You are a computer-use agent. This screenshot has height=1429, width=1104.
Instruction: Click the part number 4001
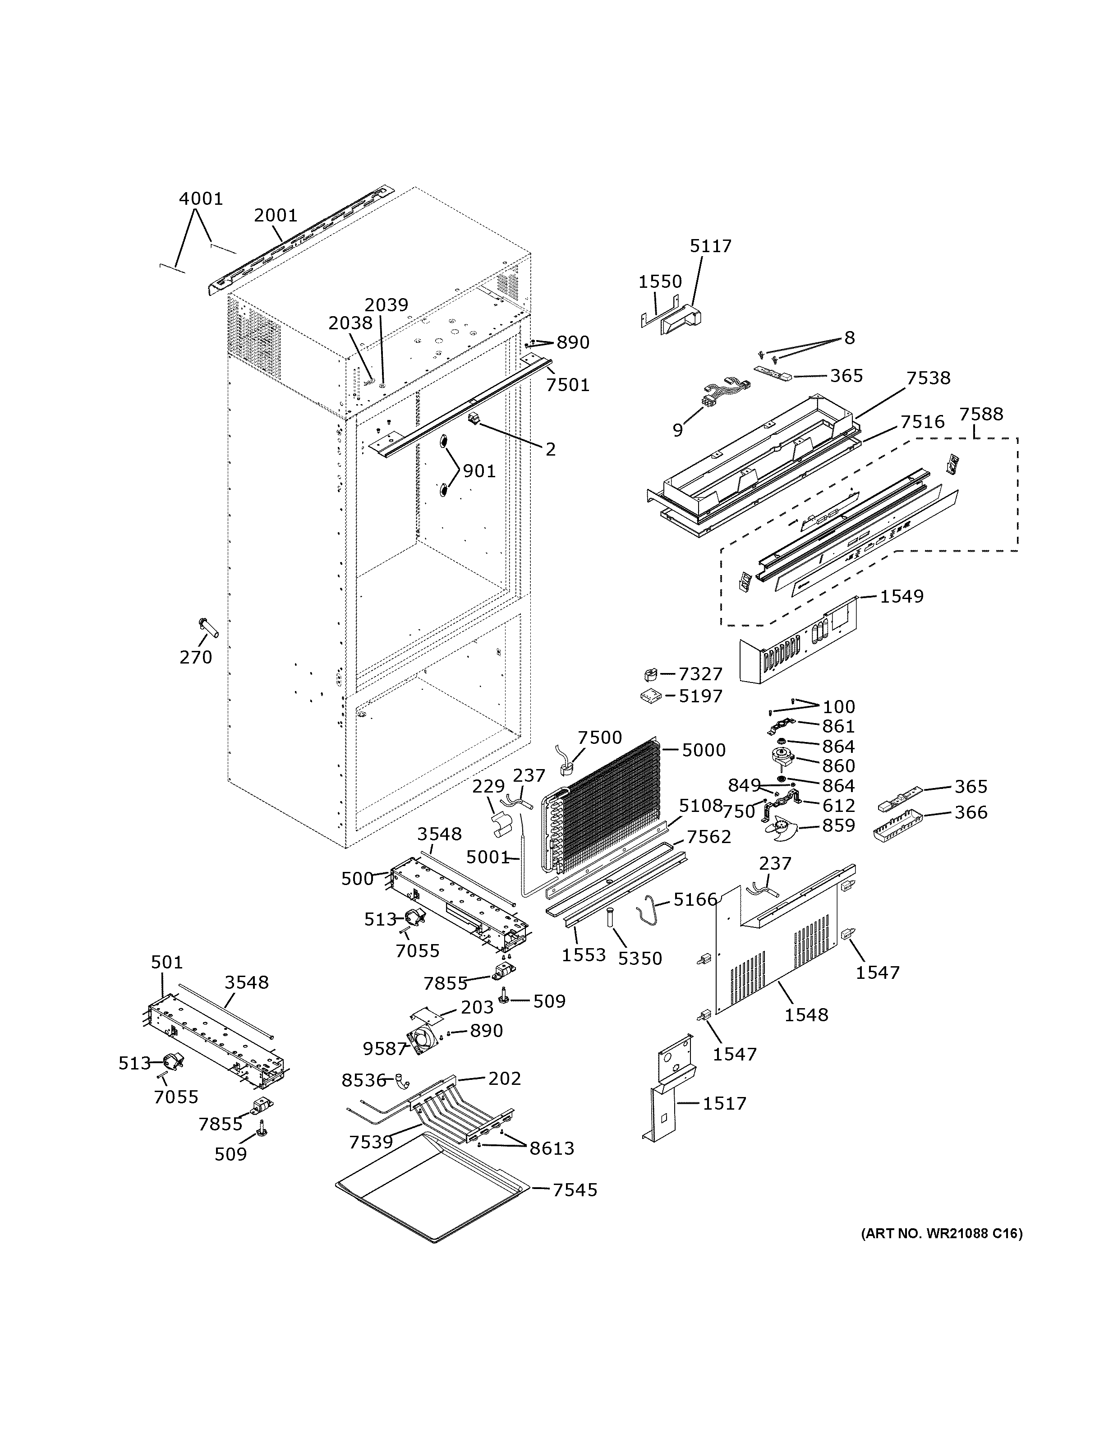point(201,198)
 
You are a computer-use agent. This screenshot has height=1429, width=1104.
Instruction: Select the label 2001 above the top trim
point(276,215)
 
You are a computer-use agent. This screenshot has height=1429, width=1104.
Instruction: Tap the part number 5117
point(710,246)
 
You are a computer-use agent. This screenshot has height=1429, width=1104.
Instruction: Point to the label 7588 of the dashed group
point(980,414)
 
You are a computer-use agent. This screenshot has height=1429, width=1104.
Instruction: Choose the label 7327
point(700,673)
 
